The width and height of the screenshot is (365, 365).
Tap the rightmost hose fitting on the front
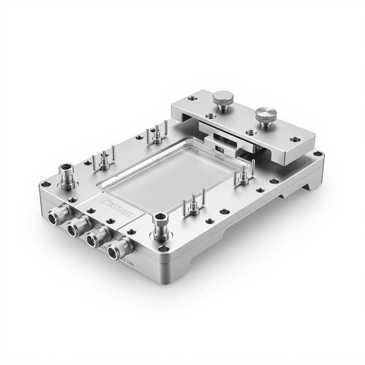click(x=120, y=248)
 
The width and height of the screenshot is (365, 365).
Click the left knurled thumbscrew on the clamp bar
click(x=222, y=100)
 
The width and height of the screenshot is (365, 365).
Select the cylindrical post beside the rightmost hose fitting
click(x=161, y=225)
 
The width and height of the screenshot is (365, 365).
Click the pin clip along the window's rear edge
click(x=156, y=135)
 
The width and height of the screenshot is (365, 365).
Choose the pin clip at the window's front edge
click(x=193, y=204)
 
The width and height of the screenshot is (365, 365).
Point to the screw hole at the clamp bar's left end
click(x=193, y=98)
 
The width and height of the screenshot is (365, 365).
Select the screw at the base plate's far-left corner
click(x=45, y=185)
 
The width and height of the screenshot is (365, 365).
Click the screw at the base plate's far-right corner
click(x=317, y=154)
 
